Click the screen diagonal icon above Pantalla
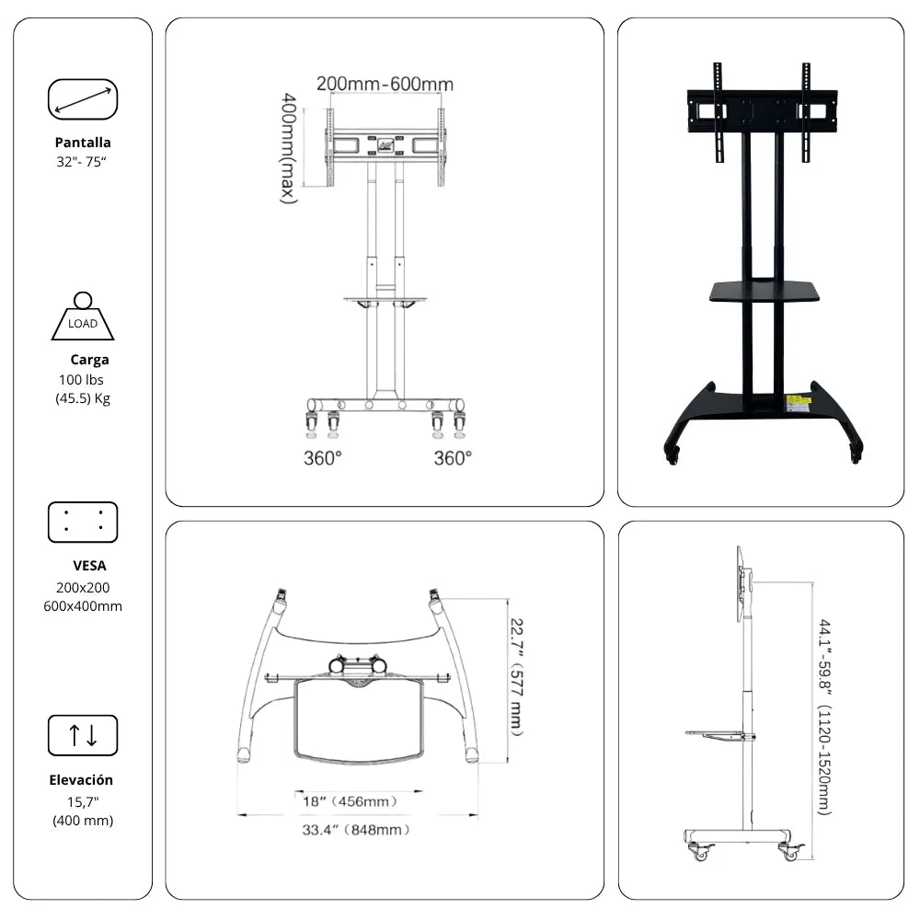[x=83, y=99]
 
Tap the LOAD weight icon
[x=83, y=316]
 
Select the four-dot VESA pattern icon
[x=83, y=523]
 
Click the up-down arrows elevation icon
[x=83, y=735]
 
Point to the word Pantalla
[x=83, y=143]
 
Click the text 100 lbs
[x=81, y=380]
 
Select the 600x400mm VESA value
[x=83, y=606]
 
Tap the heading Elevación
[x=81, y=780]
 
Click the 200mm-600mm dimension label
[x=385, y=84]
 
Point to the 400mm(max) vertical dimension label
[x=288, y=148]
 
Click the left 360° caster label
[x=323, y=458]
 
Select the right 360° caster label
[x=453, y=458]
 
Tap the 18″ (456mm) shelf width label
[x=351, y=801]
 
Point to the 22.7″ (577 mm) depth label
[x=516, y=676]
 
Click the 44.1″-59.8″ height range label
[x=825, y=717]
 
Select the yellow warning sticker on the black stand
[x=798, y=403]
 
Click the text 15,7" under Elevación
[x=83, y=801]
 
